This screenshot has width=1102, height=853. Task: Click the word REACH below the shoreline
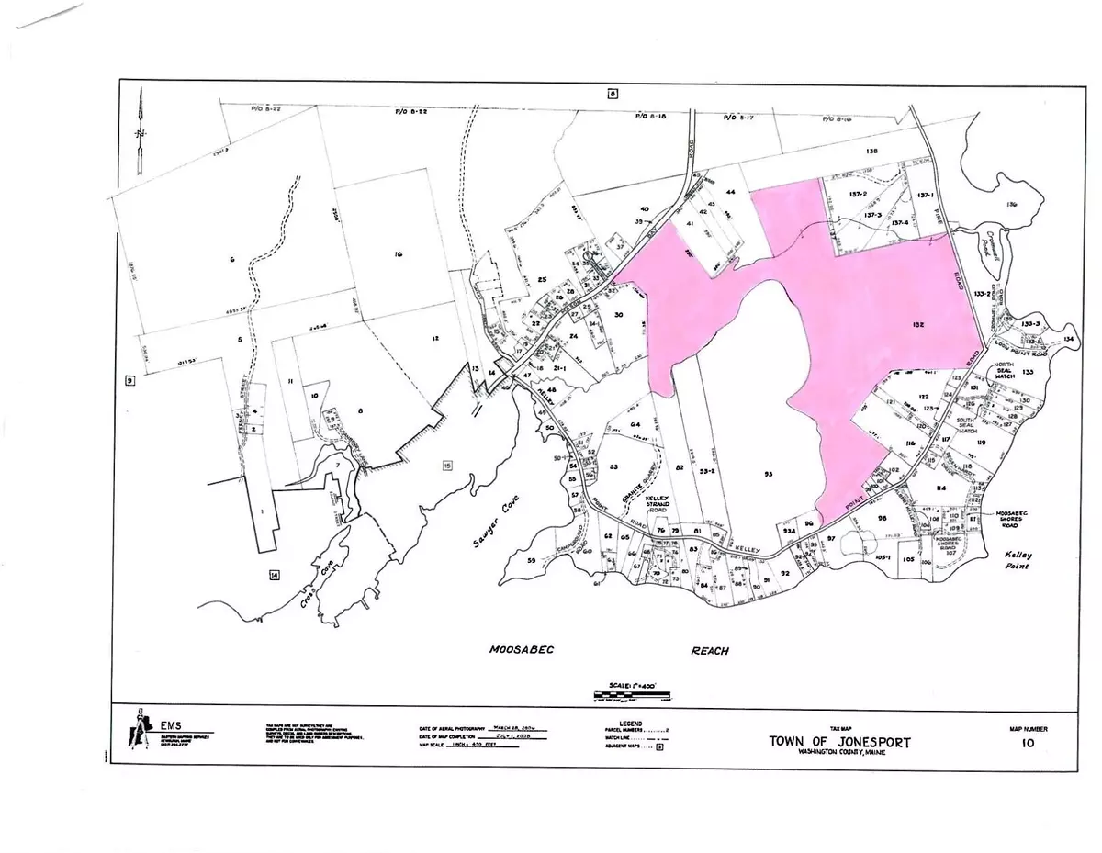(x=710, y=650)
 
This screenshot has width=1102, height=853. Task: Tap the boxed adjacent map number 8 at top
(x=612, y=92)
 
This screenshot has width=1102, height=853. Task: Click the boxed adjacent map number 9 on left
(x=129, y=379)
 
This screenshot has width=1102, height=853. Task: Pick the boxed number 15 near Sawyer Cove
(x=447, y=466)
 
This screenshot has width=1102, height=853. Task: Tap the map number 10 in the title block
(x=1027, y=744)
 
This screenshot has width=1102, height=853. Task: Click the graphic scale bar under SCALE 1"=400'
(x=628, y=700)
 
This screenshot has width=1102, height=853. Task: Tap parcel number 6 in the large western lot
(x=233, y=261)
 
